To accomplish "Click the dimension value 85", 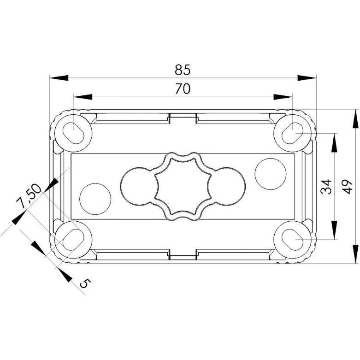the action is tap(183, 70).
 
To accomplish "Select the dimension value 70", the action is tap(183, 89).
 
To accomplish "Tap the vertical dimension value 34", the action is tap(326, 187).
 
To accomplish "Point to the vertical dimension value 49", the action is tap(347, 187).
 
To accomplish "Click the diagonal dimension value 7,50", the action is tap(29, 196).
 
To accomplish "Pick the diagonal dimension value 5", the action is tap(85, 283).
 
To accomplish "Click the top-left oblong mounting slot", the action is tap(73, 133).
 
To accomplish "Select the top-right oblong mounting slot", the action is tap(293, 133).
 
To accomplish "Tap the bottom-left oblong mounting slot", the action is tap(73, 240).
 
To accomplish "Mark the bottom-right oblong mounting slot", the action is tap(293, 240).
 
